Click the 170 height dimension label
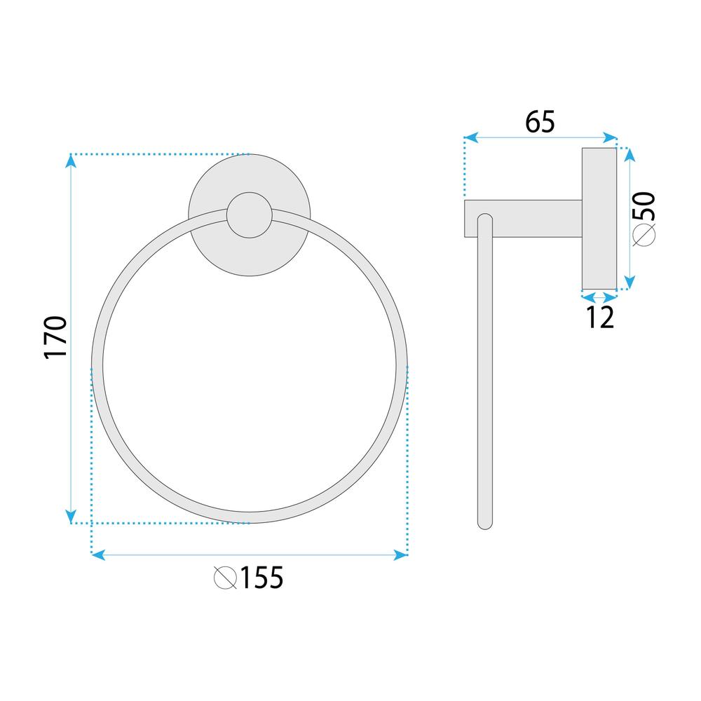pos(55,337)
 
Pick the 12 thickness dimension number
pos(599,318)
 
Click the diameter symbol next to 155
pos(225,578)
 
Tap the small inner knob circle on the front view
pos(248,216)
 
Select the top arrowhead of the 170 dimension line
pos(71,161)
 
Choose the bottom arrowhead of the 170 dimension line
pos(71,517)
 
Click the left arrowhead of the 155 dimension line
pos(98,554)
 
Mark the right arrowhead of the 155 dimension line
pos(401,554)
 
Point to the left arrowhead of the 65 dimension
pos(470,138)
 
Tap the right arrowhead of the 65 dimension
pos(611,138)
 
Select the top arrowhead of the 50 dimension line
pos(629,154)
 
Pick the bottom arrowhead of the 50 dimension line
pos(629,283)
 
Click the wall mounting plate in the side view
pos(599,219)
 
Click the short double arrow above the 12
pos(599,297)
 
